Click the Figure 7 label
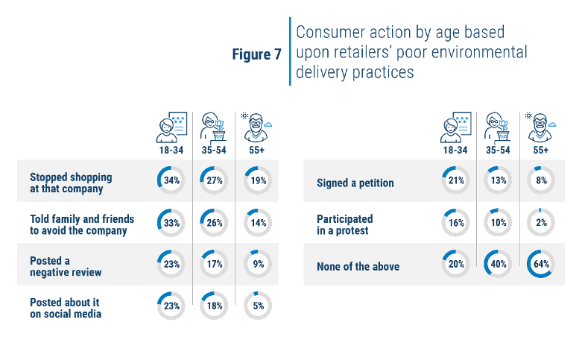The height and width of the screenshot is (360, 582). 257,54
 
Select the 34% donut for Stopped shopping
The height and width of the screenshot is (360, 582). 171,180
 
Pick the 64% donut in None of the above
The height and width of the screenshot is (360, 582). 541,264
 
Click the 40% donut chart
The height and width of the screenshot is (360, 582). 498,264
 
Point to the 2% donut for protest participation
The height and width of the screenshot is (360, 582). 541,222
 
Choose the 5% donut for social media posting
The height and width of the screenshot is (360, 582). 258,306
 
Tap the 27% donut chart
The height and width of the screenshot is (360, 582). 214,180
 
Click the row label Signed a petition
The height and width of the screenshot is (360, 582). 355,183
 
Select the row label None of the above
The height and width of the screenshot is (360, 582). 358,267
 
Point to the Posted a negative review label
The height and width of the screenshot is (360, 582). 66,267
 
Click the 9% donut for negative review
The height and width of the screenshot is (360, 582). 258,264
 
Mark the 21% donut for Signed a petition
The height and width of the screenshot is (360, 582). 456,180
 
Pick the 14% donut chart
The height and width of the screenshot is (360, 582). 258,223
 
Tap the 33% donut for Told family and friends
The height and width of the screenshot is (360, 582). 171,223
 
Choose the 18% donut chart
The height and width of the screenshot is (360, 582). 214,306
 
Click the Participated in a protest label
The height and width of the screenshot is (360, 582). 345,224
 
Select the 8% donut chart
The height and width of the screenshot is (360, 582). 541,180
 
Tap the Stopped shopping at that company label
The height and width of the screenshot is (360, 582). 71,183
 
